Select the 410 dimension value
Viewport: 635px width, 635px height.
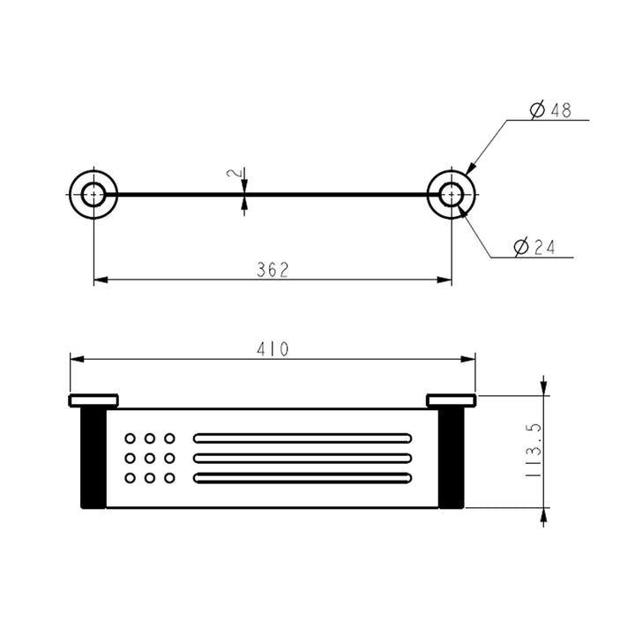pyautogui.click(x=273, y=348)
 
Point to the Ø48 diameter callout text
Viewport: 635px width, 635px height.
pyautogui.click(x=551, y=110)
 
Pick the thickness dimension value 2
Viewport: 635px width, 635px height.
pyautogui.click(x=233, y=175)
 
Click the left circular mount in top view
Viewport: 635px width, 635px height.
pyautogui.click(x=93, y=192)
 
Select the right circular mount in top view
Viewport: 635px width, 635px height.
pyautogui.click(x=452, y=192)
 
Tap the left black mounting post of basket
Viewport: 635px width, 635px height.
pyautogui.click(x=93, y=459)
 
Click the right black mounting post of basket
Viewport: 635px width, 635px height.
pyautogui.click(x=452, y=459)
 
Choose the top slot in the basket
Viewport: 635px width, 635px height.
pyautogui.click(x=303, y=437)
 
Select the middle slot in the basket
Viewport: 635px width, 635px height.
pyautogui.click(x=303, y=458)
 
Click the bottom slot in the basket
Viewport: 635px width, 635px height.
pyautogui.click(x=303, y=478)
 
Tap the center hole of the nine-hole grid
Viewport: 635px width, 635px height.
pyautogui.click(x=150, y=458)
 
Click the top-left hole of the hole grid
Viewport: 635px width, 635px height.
pyautogui.click(x=131, y=438)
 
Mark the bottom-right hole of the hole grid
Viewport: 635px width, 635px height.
pyautogui.click(x=169, y=478)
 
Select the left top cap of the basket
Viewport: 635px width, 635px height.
pyautogui.click(x=93, y=401)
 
